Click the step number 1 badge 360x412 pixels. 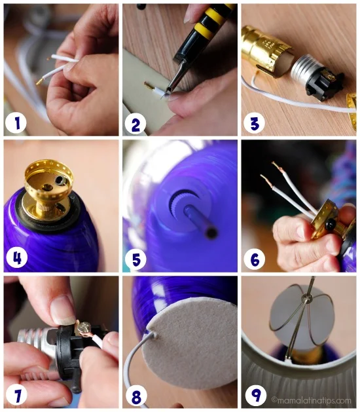pos(17,122)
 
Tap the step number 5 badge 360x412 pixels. pos(136,259)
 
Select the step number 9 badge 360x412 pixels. pos(255,396)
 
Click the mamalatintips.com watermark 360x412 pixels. pos(312,400)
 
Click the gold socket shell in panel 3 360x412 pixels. pos(266,50)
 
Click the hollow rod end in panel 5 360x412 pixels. pos(211,233)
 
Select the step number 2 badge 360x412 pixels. pos(136,124)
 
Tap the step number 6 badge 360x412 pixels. pos(255,259)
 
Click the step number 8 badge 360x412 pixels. pos(136,396)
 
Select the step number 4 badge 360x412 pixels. pos(17,259)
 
